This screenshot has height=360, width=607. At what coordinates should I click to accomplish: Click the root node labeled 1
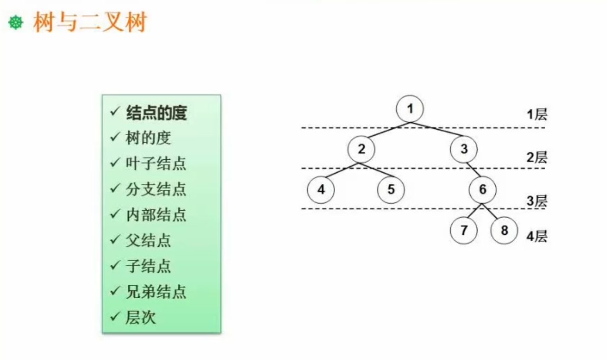pos(410,108)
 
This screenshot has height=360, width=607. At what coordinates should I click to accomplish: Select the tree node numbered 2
pos(361,149)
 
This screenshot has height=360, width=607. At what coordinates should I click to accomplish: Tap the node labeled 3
pos(464,149)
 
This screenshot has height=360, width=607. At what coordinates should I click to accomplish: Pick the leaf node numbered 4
pos(321,190)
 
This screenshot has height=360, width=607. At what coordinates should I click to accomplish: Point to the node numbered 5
pos(391,190)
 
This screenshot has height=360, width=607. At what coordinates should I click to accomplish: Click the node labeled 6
pos(482,190)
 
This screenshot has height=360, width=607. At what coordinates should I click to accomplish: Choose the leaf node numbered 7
pos(464,231)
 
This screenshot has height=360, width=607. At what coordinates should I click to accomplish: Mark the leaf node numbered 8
pos(504,231)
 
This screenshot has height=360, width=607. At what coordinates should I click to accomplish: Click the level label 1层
pos(537,115)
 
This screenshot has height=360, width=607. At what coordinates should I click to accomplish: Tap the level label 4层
pos(537,236)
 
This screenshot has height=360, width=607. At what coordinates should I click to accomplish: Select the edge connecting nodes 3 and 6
pos(472,170)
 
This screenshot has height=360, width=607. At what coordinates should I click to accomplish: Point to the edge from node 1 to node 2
pos(385,130)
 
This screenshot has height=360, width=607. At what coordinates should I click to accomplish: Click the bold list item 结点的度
pos(156,113)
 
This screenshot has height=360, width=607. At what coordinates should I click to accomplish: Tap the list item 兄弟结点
pos(155,292)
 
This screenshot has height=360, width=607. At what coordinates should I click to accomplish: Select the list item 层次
pos(141,317)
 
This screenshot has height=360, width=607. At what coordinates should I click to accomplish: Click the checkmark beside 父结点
pos(115,239)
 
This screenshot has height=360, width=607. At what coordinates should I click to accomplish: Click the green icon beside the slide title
pos(16,22)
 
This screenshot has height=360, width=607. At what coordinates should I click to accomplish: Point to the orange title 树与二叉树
pos(89,22)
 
